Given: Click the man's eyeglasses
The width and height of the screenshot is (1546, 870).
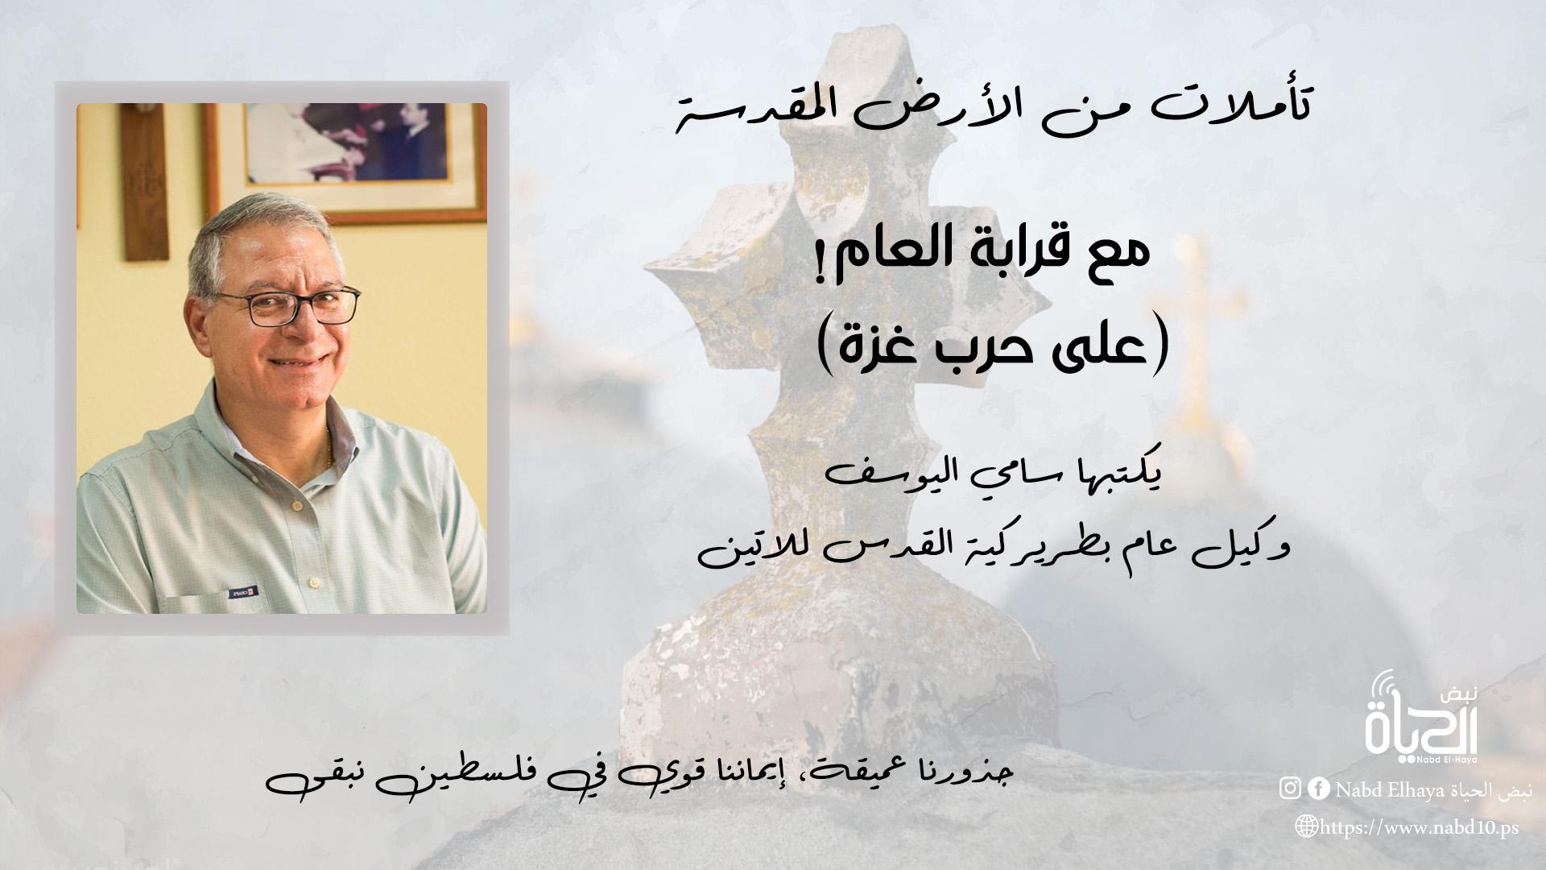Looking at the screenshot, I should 286,307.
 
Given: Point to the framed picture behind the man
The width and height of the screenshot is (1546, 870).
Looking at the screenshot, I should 346,161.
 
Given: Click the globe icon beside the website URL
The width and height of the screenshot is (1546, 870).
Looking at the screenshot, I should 1305,826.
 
